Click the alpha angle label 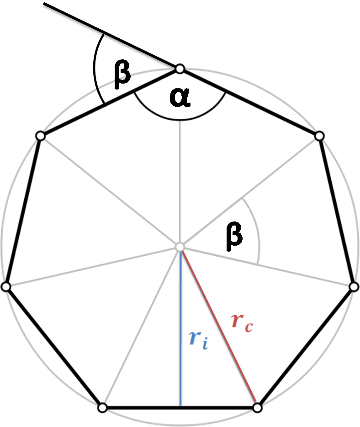point(180,97)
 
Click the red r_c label point(242,323)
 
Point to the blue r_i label point(199,339)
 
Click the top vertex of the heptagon point(180,69)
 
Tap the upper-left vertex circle point(40,136)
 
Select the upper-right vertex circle point(319,136)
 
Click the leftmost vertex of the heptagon point(6,286)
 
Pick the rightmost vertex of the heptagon point(354,286)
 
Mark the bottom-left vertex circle point(102,408)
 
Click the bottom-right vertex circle point(257,408)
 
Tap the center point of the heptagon point(180,247)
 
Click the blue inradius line point(180,328)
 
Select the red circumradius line point(219,327)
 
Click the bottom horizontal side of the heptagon point(180,408)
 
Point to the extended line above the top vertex point(110,35)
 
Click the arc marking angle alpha point(180,120)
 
